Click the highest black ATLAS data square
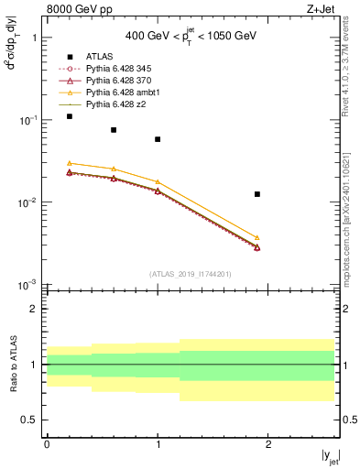coord(69,116)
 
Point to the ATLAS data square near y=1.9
coord(257,194)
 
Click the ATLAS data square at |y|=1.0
coord(158,139)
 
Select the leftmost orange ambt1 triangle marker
coord(69,163)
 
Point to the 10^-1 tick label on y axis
coord(30,120)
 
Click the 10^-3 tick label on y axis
coord(30,285)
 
